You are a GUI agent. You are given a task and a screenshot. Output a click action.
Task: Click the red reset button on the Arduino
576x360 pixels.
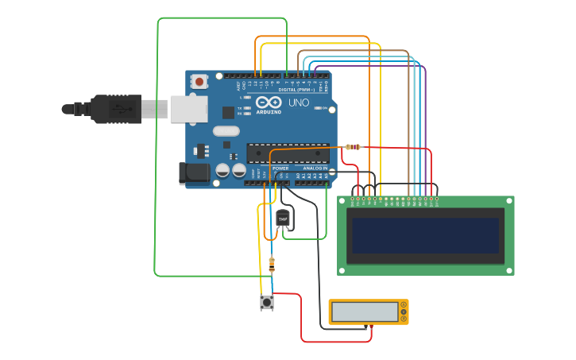(199, 81)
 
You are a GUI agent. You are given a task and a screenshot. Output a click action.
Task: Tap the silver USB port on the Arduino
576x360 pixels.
(189, 109)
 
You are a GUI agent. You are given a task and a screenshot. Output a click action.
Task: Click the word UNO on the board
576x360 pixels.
(298, 103)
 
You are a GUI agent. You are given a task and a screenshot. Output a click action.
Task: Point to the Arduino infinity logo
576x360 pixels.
(269, 103)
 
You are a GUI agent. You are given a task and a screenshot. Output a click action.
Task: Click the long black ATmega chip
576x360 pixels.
(288, 153)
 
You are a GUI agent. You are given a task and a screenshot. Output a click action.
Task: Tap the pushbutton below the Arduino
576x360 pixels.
(267, 302)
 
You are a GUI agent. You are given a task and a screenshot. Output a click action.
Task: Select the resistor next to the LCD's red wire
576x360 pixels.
(353, 147)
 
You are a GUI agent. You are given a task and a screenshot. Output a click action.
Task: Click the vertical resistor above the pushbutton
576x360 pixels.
(273, 263)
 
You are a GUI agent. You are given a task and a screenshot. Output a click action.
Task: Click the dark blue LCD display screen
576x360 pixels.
(426, 235)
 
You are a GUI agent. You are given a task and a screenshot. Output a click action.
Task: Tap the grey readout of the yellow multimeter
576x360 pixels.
(365, 312)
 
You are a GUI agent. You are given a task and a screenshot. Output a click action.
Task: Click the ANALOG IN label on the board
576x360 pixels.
(315, 168)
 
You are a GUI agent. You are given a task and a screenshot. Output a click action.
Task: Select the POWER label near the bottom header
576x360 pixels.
(280, 168)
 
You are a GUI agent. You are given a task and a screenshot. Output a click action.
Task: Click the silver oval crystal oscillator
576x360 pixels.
(226, 132)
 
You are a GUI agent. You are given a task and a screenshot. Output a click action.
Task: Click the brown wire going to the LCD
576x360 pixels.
(408, 119)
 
